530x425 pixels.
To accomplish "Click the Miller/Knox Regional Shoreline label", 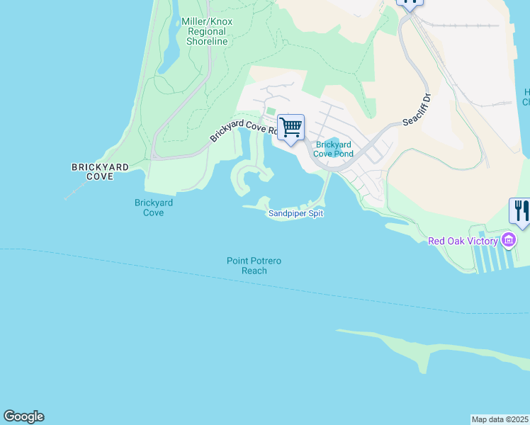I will (x=207, y=32).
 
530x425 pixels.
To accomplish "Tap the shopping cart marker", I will (x=291, y=128).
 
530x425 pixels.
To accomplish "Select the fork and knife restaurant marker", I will (x=521, y=211).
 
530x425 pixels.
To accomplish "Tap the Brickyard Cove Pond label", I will (x=334, y=149).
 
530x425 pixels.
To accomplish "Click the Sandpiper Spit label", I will (x=295, y=213).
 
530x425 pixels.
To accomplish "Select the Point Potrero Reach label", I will (x=254, y=266).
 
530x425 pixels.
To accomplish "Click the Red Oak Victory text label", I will (x=463, y=241).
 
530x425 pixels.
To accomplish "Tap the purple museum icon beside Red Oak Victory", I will (x=509, y=241).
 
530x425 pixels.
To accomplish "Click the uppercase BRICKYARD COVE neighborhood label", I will (x=100, y=171).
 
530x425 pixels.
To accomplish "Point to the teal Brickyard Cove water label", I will (x=154, y=208).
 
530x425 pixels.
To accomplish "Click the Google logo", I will (x=23, y=416).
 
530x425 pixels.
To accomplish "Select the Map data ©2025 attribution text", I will (x=500, y=419).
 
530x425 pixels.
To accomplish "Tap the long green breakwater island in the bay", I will (x=425, y=348).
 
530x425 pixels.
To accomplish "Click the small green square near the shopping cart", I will (x=269, y=112).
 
